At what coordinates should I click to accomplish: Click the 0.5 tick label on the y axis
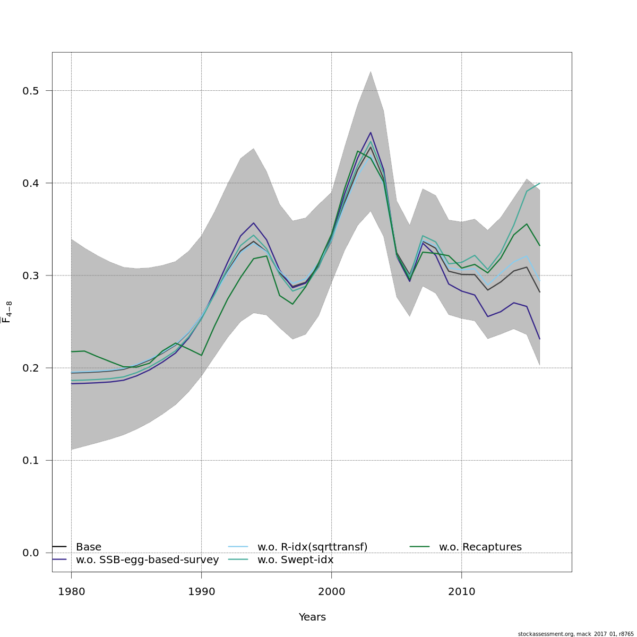tap(31, 91)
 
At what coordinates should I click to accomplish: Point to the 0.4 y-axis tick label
tap(31, 183)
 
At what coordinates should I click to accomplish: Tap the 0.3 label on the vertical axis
tap(31, 276)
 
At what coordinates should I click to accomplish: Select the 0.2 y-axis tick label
tap(31, 368)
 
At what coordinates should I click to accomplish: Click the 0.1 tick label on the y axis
tap(31, 460)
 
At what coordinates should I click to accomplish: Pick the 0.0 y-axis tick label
tap(31, 553)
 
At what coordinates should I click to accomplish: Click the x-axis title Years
tap(312, 617)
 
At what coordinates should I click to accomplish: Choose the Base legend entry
tap(88, 547)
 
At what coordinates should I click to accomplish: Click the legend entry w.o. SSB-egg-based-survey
tap(147, 560)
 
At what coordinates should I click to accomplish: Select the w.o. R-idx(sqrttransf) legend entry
tap(312, 547)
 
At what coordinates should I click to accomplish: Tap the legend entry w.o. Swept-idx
tap(295, 560)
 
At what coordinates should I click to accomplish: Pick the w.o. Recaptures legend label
tap(480, 547)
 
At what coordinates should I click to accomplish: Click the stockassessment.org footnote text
tap(575, 634)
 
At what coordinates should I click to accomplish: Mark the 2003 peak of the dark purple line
tap(371, 133)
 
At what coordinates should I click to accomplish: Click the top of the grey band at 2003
tap(371, 71)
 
